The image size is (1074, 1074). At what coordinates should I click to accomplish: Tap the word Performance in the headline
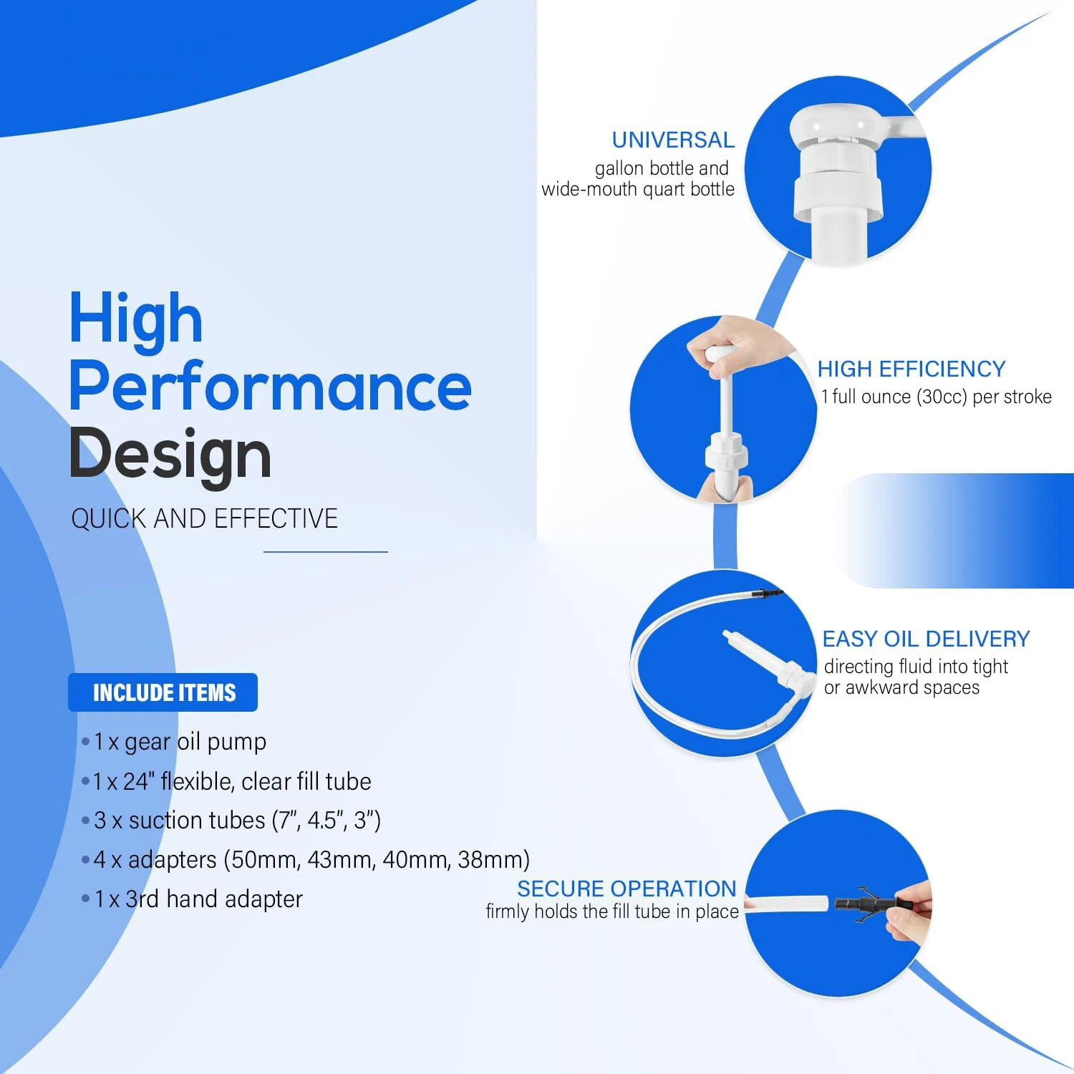pyautogui.click(x=271, y=387)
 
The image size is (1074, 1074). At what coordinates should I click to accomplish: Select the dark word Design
pyautogui.click(x=170, y=454)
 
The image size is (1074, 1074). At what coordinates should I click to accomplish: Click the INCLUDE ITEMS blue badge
pyautogui.click(x=163, y=692)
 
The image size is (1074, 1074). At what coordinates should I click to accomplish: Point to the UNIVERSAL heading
pyautogui.click(x=673, y=140)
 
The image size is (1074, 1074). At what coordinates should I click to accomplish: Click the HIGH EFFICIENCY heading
pyautogui.click(x=911, y=369)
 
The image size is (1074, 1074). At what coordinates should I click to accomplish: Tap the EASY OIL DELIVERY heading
pyautogui.click(x=926, y=639)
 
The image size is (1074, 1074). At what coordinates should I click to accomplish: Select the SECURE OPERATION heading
pyautogui.click(x=626, y=889)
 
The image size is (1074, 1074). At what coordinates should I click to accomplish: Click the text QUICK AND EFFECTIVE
pyautogui.click(x=204, y=518)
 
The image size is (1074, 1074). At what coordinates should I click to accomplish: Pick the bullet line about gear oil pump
pyautogui.click(x=174, y=742)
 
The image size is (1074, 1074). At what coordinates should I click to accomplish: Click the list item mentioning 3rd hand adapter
pyautogui.click(x=193, y=899)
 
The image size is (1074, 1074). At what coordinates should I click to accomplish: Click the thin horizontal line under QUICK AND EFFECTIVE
pyautogui.click(x=326, y=552)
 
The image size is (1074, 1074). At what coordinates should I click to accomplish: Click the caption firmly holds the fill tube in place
pyautogui.click(x=612, y=911)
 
